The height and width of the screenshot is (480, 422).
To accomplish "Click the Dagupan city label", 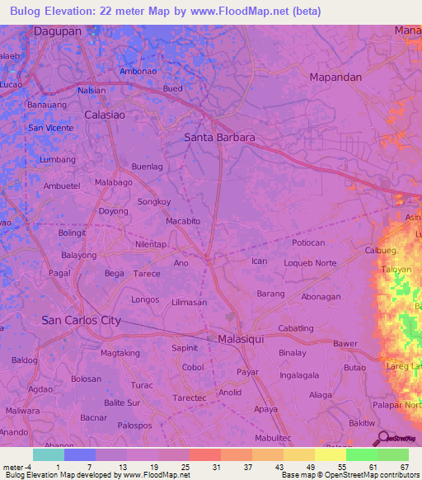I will point(59,31).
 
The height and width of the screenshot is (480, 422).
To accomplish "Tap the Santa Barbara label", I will point(218,137).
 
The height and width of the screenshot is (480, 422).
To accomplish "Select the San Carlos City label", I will point(81,320).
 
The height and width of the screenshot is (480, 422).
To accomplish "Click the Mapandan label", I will point(335,77).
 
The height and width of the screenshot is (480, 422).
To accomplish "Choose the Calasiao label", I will point(105,115).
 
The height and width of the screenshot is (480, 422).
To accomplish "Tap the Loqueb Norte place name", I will point(310,263).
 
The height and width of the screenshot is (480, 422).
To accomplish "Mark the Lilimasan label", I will point(189,304).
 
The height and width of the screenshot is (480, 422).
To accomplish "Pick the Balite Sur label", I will point(122,402).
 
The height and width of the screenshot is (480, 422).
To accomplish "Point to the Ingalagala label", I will point(299,374).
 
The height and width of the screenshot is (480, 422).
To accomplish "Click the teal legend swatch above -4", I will point(48,454).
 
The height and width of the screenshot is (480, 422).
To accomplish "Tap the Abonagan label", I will point(321,297).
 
